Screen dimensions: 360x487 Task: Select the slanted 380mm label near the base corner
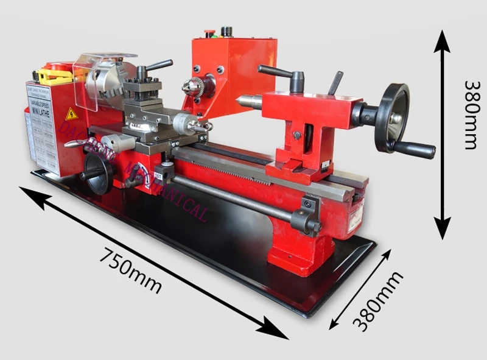[378, 301]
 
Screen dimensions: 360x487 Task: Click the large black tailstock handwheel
[391, 118]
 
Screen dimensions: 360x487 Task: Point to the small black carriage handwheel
[98, 172]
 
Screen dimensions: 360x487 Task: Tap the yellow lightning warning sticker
[71, 113]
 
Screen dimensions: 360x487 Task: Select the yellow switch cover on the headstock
[54, 76]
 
